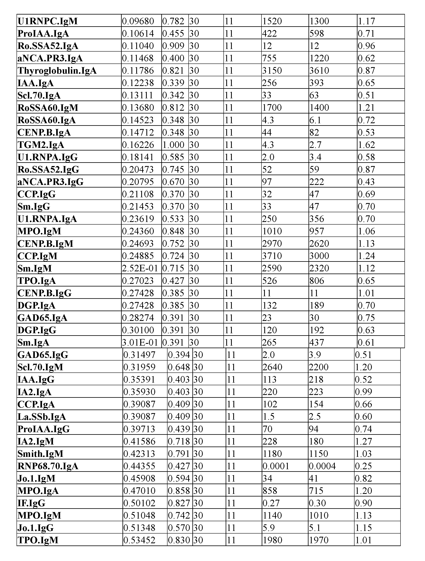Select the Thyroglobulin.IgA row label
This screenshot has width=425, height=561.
(x=57, y=71)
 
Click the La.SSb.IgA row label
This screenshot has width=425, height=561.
(x=42, y=417)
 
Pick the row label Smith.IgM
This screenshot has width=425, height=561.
(x=40, y=454)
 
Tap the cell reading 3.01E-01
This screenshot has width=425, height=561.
(x=140, y=343)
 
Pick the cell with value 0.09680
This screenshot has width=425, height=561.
(x=138, y=21)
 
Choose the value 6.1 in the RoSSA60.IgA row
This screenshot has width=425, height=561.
(x=315, y=120)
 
